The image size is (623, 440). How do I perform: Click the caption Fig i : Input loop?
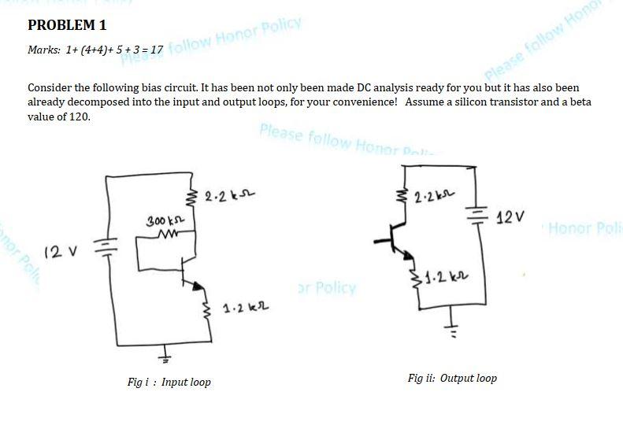pos(169,383)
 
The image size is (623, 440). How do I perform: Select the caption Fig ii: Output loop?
pos(452,379)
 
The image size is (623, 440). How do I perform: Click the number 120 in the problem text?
pos(80,116)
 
